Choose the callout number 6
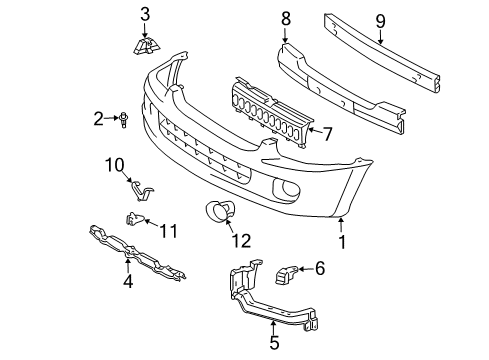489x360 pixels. point(320,267)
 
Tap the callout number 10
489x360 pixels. point(114,163)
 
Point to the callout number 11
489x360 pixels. point(169,231)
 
